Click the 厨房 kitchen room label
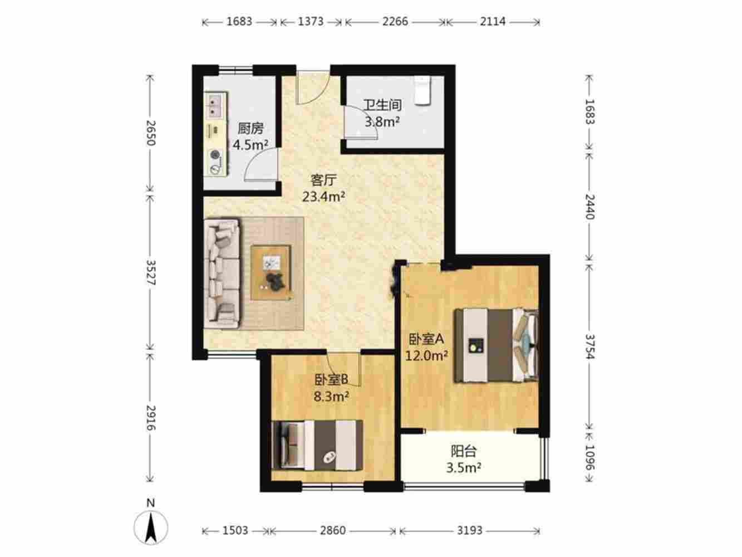pyautogui.click(x=250, y=129)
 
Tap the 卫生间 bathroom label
pyautogui.click(x=382, y=105)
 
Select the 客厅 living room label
pyautogui.click(x=323, y=180)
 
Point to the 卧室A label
pyautogui.click(x=426, y=339)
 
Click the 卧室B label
pyautogui.click(x=331, y=380)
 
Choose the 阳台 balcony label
pyautogui.click(x=464, y=451)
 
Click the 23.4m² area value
pyautogui.click(x=323, y=197)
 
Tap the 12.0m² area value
pyautogui.click(x=426, y=355)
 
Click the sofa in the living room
pyautogui.click(x=222, y=273)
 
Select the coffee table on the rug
pyautogui.click(x=271, y=272)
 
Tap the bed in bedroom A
pyautogui.click(x=496, y=345)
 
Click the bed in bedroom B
pyautogui.click(x=317, y=445)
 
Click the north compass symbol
pyautogui.click(x=151, y=527)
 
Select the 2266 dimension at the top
pyautogui.click(x=395, y=22)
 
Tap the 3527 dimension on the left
pyautogui.click(x=151, y=272)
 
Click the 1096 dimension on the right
pyautogui.click(x=589, y=457)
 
